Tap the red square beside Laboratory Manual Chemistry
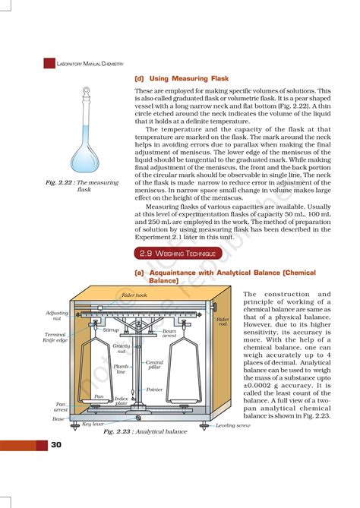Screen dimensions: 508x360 [x=50, y=64]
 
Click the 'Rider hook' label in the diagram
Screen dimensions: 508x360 [x=134, y=295]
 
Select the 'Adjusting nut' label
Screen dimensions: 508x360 [x=58, y=316]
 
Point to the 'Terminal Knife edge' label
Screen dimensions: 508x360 [x=56, y=337]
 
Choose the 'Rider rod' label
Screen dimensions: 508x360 [x=223, y=322]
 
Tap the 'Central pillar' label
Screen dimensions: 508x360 [x=154, y=366]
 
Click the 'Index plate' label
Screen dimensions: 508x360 [x=121, y=400]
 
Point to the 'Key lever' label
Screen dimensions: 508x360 [x=93, y=424]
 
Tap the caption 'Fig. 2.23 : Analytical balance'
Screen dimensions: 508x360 [x=145, y=431]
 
